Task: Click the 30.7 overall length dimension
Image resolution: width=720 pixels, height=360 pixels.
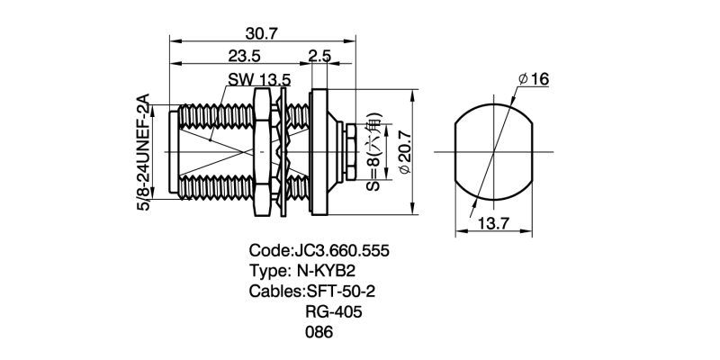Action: click(260, 33)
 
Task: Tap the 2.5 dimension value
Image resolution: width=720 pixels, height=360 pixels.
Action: click(319, 56)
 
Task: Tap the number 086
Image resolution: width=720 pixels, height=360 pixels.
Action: click(319, 333)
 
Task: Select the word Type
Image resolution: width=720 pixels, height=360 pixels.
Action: click(266, 271)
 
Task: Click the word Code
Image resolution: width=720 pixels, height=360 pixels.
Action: click(268, 250)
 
